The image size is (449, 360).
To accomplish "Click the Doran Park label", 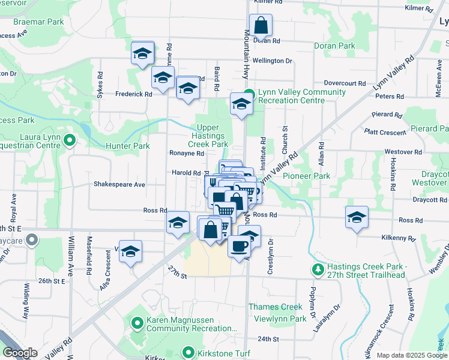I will [334, 46].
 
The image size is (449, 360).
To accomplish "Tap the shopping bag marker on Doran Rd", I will [261, 26].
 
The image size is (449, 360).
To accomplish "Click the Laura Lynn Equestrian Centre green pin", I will [70, 141].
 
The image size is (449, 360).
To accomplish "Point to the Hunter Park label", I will [127, 146].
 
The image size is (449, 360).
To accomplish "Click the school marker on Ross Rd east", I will [357, 217].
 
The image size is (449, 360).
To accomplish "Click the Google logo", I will [20, 353].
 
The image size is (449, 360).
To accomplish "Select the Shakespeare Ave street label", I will [119, 185].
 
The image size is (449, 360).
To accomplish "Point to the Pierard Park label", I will [430, 129].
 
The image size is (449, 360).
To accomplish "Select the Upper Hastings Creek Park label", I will [212, 136].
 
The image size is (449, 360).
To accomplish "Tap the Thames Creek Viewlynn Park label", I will [276, 312].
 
